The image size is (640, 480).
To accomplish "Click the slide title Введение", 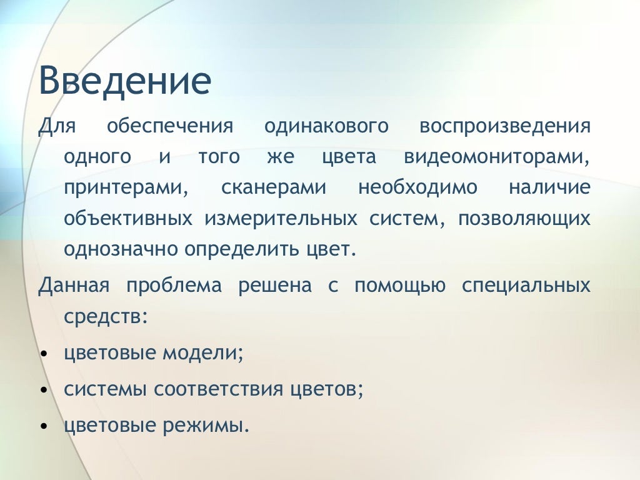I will [125, 81].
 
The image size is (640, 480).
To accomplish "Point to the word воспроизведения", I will [505, 127].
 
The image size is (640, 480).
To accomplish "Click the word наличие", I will [549, 187].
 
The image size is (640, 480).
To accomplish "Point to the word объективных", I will [127, 219].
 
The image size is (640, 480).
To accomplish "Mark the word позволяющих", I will [524, 219].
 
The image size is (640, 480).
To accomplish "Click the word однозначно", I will [121, 250].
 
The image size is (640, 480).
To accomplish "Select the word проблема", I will [174, 286].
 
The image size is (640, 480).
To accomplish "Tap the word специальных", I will [526, 286].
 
